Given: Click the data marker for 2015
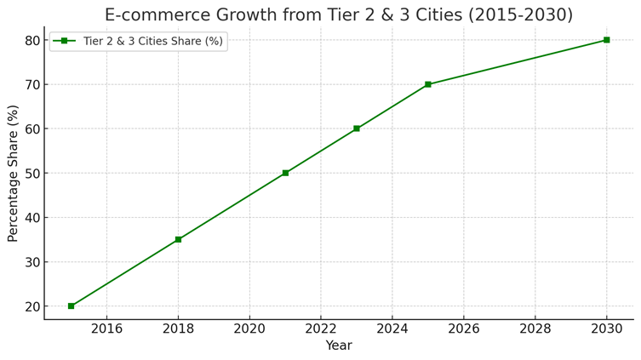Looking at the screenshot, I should pyautogui.click(x=72, y=306).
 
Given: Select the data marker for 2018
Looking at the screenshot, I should pyautogui.click(x=178, y=239).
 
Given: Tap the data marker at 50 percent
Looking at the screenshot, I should pyautogui.click(x=285, y=173).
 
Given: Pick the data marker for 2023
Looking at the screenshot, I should pyautogui.click(x=357, y=129).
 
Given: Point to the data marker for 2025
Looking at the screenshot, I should pyautogui.click(x=428, y=84).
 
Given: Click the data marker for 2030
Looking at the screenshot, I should pyautogui.click(x=606, y=40).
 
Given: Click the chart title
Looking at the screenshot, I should pyautogui.click(x=338, y=14).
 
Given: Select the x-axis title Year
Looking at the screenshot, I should pyautogui.click(x=339, y=346).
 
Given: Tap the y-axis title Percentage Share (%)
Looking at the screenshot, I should pyautogui.click(x=13, y=173).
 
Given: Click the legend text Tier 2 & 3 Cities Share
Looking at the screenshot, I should pyautogui.click(x=153, y=42).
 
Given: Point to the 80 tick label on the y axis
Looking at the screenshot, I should pyautogui.click(x=33, y=40).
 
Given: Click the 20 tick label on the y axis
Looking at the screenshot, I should pyautogui.click(x=33, y=306).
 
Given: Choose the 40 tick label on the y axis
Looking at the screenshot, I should pyautogui.click(x=33, y=218).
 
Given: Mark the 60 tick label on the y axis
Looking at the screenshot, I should pyautogui.click(x=33, y=129).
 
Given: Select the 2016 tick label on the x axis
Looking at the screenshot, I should pyautogui.click(x=106, y=329).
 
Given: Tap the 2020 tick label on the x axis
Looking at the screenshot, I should pyautogui.click(x=249, y=329).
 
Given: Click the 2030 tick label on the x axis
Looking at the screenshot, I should pyautogui.click(x=606, y=329).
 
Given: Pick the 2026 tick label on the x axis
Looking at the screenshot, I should pyautogui.click(x=463, y=329).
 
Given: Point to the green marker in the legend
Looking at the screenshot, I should pyautogui.click(x=64, y=41).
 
